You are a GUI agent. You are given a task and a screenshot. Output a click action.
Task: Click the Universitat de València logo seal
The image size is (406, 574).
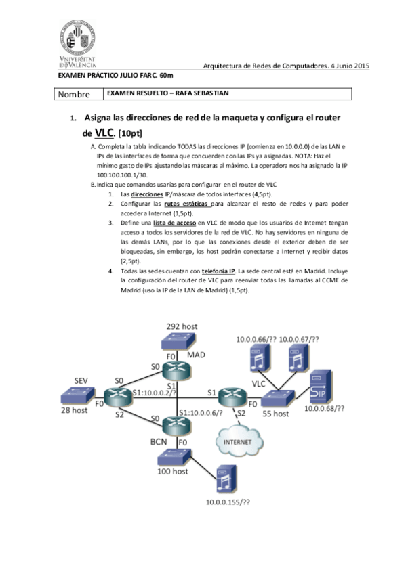(77, 37)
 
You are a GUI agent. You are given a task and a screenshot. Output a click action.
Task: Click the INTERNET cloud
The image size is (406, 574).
(234, 442)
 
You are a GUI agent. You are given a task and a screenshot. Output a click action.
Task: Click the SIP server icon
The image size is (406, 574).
(319, 387)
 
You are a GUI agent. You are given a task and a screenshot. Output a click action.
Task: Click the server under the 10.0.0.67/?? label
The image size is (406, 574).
(296, 358)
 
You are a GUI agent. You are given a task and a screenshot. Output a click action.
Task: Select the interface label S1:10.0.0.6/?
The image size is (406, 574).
(201, 413)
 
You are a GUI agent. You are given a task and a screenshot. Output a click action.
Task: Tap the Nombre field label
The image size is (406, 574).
(77, 95)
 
